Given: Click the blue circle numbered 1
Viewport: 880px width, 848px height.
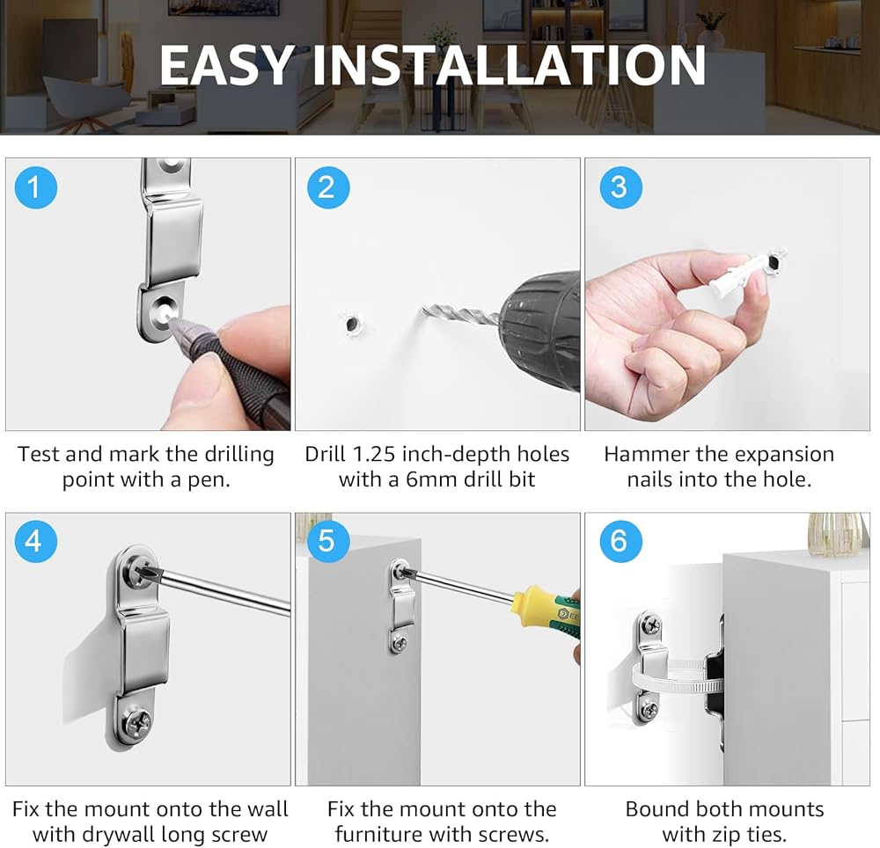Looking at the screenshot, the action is [x=35, y=186].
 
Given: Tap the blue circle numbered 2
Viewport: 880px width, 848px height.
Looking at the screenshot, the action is [x=327, y=186].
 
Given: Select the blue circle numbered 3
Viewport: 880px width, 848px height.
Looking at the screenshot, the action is [x=620, y=186].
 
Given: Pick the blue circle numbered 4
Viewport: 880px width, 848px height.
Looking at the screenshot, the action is [x=35, y=541].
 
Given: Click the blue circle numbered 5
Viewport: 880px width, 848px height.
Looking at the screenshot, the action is [x=327, y=541].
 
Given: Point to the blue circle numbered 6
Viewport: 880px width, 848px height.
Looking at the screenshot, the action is [x=620, y=541].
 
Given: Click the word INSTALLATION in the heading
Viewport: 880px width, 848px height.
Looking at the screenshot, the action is [x=509, y=65].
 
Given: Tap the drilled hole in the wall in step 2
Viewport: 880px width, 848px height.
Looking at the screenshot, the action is [x=353, y=325].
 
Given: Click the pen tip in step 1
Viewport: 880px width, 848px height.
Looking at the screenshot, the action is [x=172, y=321].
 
